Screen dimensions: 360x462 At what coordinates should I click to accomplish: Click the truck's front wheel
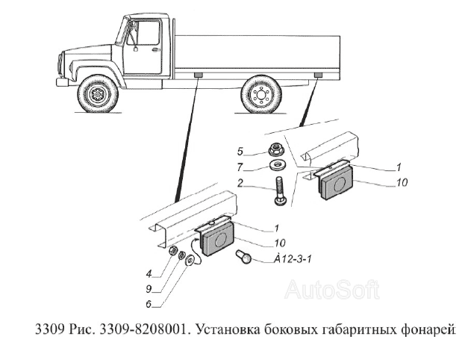[x=98, y=95]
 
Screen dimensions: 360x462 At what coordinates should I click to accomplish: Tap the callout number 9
[x=150, y=289]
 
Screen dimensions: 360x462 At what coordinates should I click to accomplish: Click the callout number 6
[x=150, y=304]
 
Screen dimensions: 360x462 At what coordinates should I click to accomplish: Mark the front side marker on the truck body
[x=199, y=76]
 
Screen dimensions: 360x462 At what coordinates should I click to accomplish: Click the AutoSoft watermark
[x=332, y=289]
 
